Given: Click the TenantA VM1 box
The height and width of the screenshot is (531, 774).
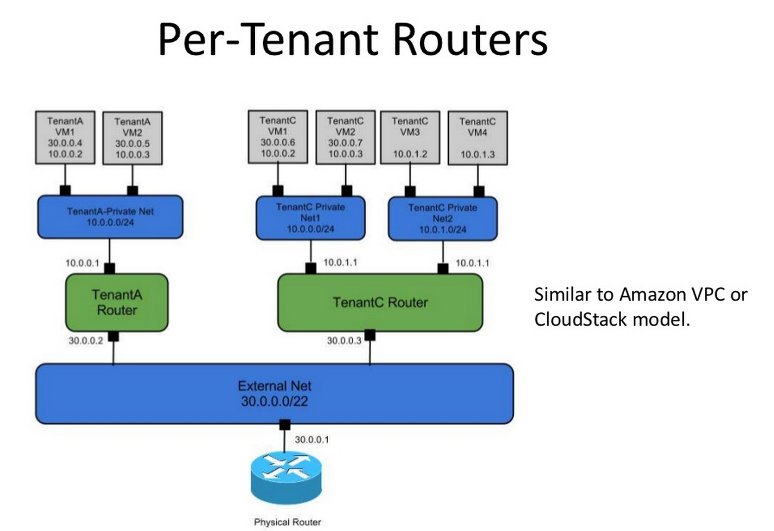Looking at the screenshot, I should pos(65,138).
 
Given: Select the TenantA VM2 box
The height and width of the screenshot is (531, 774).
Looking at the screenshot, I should pos(132,139).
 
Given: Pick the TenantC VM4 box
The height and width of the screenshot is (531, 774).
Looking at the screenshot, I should pos(477,138).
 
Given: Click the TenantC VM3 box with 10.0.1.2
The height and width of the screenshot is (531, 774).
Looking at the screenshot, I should pos(409,138).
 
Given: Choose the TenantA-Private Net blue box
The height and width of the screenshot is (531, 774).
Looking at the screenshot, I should pos(110,216).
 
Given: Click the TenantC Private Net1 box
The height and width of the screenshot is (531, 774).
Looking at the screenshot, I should pos(310,219).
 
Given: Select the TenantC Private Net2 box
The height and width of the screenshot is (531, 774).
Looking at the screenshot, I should pos(443,219).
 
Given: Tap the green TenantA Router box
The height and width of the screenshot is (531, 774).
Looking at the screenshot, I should pos(117,302).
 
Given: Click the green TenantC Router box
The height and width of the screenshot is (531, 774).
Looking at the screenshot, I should pos(380,302).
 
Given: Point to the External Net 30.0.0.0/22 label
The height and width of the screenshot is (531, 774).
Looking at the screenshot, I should pos(275,394).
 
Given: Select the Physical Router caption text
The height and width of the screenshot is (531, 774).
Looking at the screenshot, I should pos(288,522).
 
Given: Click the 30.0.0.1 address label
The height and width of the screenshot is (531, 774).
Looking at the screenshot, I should pos(312,440).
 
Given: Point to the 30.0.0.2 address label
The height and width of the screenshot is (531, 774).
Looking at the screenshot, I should pos(87,340).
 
